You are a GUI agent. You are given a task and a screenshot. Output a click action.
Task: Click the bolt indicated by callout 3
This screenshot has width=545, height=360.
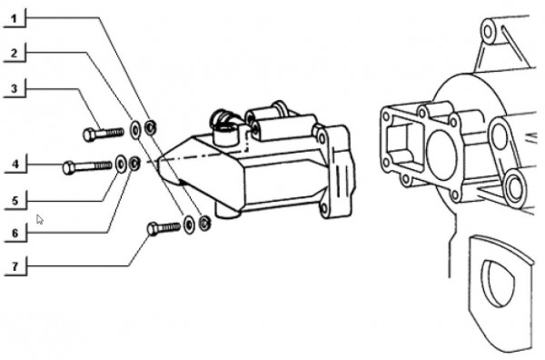tap(102, 134)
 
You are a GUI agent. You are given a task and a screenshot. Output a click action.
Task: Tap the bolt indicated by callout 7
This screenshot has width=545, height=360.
tap(163, 227)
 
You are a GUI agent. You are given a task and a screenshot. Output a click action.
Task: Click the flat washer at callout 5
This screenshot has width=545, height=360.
tap(121, 165)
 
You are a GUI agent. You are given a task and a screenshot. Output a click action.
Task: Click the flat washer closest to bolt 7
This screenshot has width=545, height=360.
tap(188, 224)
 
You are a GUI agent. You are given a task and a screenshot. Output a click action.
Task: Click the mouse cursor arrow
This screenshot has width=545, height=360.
tap(39, 219)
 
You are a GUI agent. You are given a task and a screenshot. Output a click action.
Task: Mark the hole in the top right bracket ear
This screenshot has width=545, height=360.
tap(489, 33)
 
